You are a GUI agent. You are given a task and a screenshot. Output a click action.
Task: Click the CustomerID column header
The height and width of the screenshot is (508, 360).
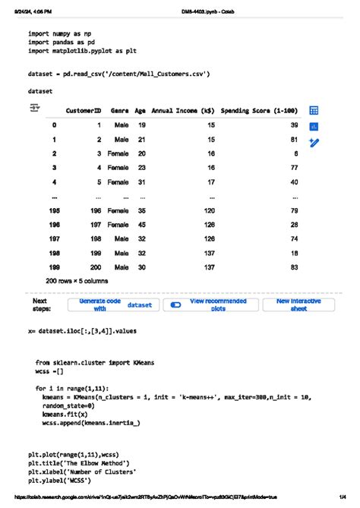pyautogui.click(x=83, y=111)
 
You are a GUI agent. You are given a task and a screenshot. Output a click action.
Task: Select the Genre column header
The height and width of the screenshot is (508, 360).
pyautogui.click(x=119, y=111)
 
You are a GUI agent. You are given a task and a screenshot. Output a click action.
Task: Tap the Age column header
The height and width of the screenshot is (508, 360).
pyautogui.click(x=140, y=111)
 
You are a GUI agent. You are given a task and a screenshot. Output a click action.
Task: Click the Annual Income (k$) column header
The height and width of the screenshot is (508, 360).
pyautogui.click(x=182, y=111)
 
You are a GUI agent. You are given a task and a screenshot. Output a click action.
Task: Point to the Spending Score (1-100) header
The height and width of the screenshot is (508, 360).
pyautogui.click(x=258, y=111)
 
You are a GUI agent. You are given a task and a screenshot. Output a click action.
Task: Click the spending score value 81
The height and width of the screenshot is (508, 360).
pyautogui.click(x=293, y=140)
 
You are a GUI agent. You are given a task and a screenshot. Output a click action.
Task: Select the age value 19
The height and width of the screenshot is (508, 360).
pyautogui.click(x=141, y=125)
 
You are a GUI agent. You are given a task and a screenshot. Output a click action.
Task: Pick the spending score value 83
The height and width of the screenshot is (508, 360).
pyautogui.click(x=293, y=268)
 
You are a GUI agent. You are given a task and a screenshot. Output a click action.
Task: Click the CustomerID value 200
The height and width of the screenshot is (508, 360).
pyautogui.click(x=96, y=268)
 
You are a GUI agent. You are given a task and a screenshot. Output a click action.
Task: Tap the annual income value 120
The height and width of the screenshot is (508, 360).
pyautogui.click(x=209, y=210)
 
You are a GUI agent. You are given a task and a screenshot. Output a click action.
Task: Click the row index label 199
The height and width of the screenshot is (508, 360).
pyautogui.click(x=54, y=268)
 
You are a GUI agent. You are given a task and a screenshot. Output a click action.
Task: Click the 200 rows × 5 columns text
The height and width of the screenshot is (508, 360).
pyautogui.click(x=77, y=281)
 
